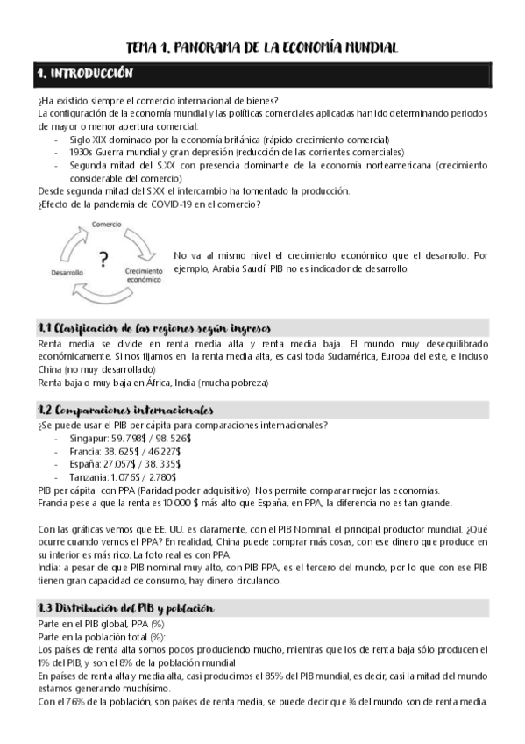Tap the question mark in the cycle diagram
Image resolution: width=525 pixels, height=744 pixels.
tap(103, 259)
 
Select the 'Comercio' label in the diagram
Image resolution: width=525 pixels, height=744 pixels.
tap(106, 225)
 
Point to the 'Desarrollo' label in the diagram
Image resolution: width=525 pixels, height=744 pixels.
tap(67, 273)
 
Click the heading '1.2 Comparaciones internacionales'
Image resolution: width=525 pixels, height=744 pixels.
tap(126, 410)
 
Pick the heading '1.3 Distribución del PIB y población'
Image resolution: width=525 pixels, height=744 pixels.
tap(125, 608)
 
